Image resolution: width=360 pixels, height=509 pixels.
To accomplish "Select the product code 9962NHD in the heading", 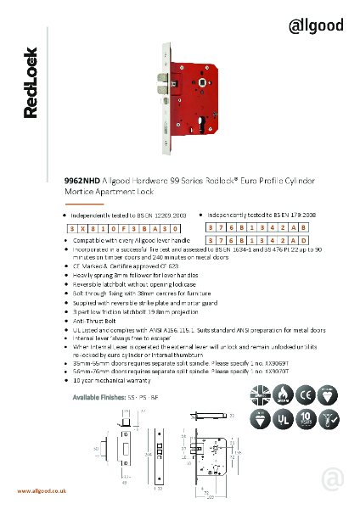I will [82, 182].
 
